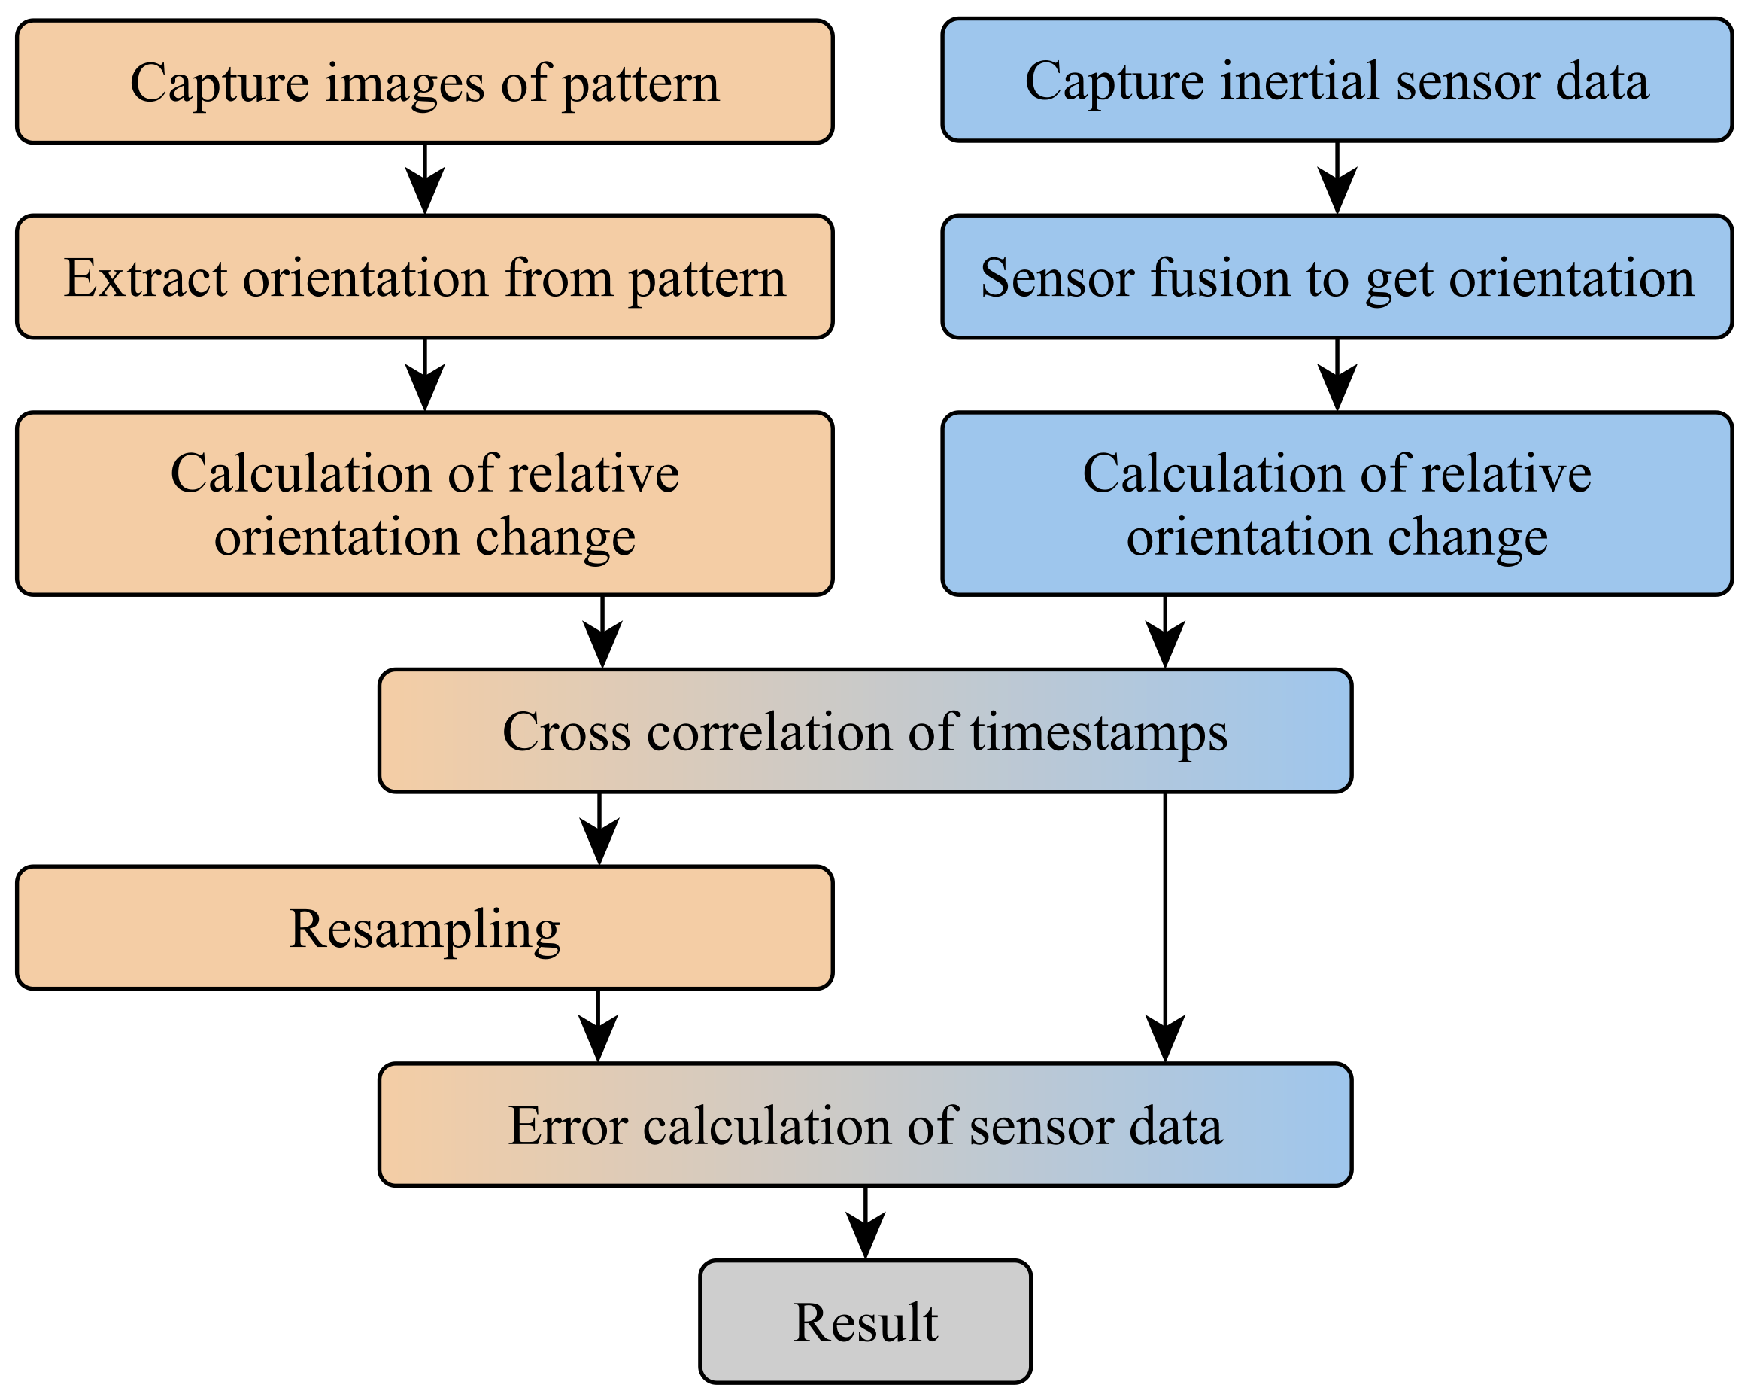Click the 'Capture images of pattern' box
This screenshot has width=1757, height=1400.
click(424, 81)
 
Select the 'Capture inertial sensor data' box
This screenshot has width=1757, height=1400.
click(1337, 80)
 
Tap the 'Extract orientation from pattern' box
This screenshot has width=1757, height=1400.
click(424, 277)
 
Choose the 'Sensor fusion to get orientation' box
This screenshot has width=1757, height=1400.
click(1337, 277)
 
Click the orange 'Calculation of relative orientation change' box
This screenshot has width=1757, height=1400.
click(424, 504)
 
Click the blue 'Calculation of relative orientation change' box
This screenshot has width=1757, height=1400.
click(1337, 504)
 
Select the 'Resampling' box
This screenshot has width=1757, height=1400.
click(424, 928)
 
